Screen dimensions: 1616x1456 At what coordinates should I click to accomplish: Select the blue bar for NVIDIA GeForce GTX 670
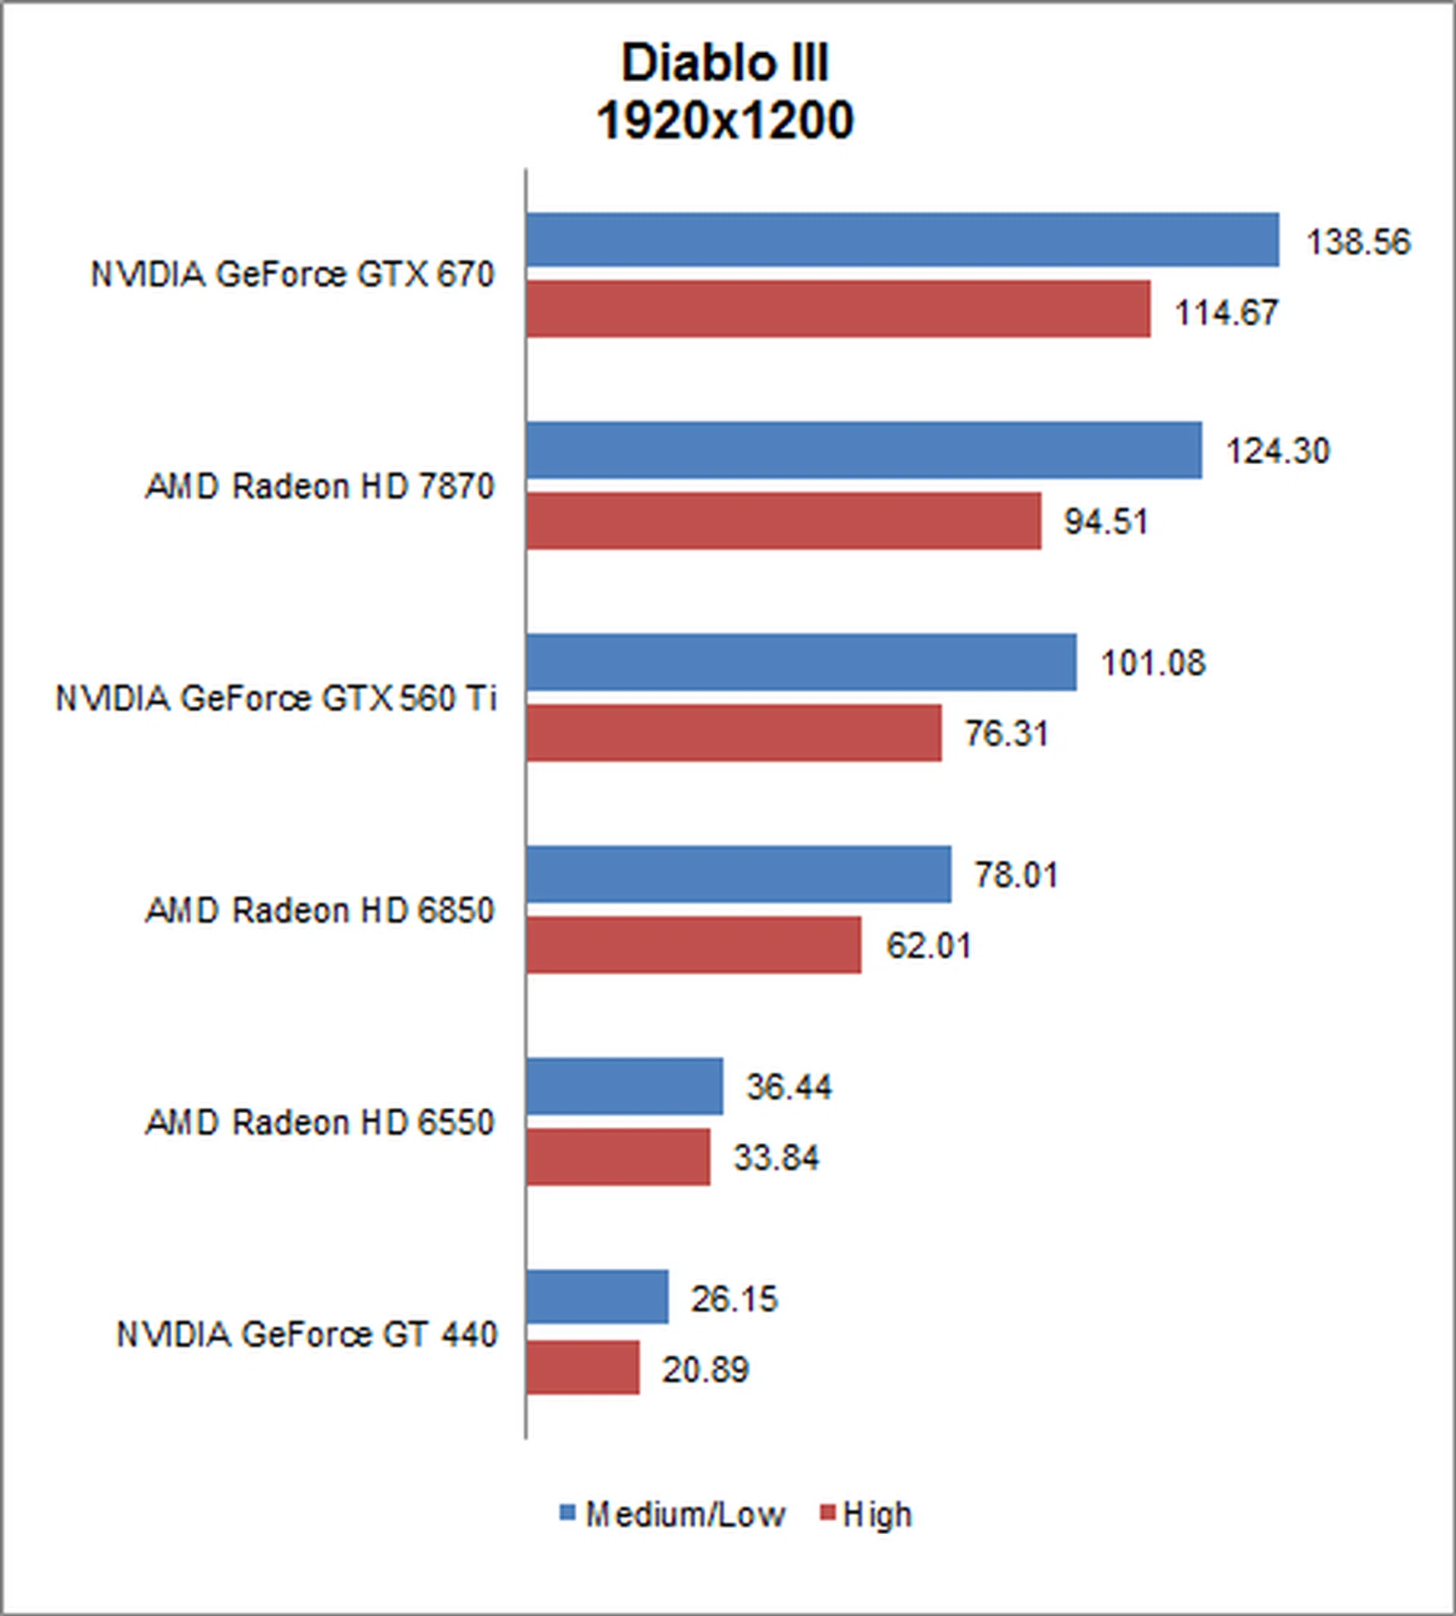[902, 239]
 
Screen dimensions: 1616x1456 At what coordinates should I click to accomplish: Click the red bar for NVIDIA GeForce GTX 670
[838, 309]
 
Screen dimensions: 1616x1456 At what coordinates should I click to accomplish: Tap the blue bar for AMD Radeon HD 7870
[863, 450]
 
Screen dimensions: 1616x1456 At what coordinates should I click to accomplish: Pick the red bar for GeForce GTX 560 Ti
[733, 733]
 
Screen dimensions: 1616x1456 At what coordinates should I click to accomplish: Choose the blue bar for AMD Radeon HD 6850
[738, 874]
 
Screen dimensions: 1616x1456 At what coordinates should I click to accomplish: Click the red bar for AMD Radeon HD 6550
[617, 1156]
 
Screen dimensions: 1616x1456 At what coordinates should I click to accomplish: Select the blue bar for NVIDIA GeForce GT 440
[597, 1297]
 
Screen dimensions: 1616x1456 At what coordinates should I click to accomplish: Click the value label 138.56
[1357, 243]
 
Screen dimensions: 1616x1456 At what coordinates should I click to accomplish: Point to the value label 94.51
[1106, 522]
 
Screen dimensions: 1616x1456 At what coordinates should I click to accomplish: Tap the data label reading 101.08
[1152, 664]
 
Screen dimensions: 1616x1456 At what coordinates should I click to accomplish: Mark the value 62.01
[928, 946]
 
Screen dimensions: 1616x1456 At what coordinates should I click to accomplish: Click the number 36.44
[789, 1087]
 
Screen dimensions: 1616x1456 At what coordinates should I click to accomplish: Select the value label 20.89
[704, 1370]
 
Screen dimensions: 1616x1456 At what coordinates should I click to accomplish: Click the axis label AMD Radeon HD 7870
[320, 486]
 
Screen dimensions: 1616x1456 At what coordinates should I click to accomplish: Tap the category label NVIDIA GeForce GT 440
[307, 1335]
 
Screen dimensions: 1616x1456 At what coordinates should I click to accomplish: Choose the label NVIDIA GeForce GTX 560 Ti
[276, 698]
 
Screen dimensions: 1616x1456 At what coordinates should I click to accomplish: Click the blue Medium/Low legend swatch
[567, 1512]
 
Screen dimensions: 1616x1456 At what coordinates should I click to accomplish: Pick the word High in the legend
[877, 1514]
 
